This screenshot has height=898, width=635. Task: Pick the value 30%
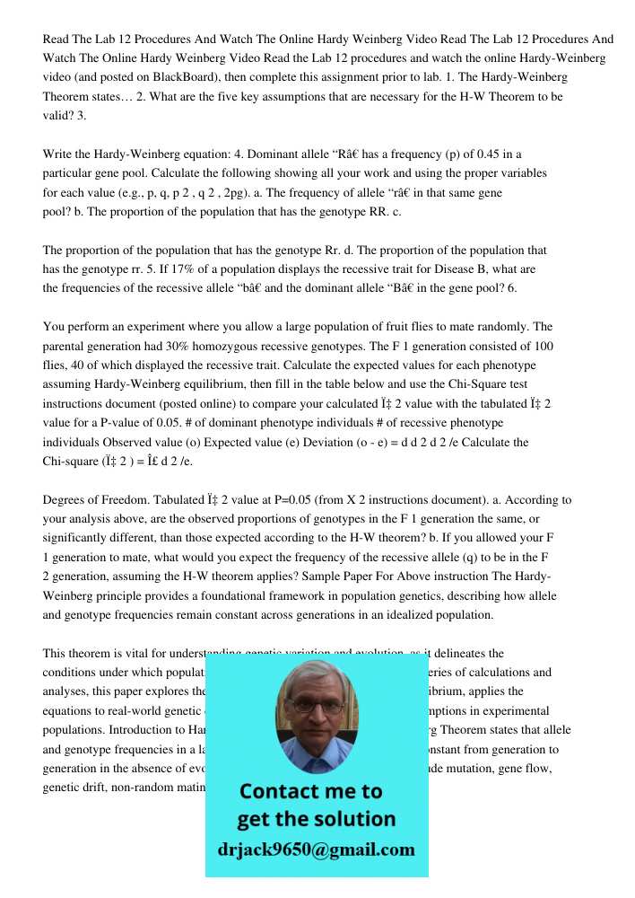(x=178, y=346)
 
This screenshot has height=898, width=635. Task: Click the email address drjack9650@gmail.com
(x=317, y=849)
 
